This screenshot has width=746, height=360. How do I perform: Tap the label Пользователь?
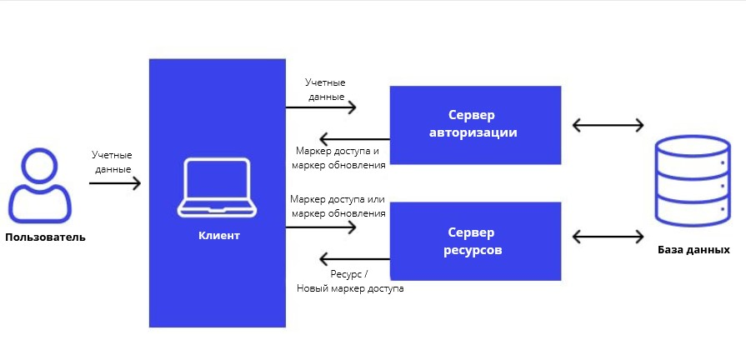[45, 237]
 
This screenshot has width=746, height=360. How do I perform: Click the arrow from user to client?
[115, 182]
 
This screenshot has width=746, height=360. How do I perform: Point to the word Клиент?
[218, 236]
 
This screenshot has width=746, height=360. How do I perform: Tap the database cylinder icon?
[693, 182]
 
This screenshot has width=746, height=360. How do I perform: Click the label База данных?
[693, 250]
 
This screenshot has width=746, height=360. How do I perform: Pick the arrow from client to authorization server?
[321, 107]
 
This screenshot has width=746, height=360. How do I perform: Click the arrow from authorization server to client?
[354, 138]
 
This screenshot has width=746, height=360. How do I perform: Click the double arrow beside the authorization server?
[608, 126]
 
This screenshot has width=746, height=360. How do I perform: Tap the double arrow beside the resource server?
[608, 237]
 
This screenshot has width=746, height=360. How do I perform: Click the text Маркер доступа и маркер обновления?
[338, 158]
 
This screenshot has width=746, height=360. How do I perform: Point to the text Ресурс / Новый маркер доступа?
[349, 281]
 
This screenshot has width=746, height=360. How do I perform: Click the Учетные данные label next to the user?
[113, 162]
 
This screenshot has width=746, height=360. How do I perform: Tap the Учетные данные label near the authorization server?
[325, 89]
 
